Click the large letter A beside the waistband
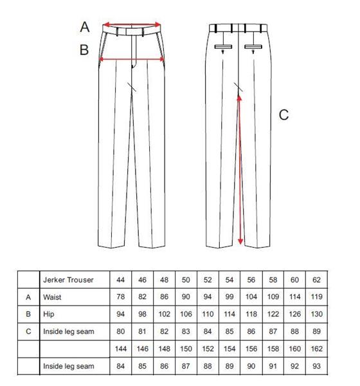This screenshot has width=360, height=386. pos(85,27)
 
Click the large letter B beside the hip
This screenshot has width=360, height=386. pos(84,50)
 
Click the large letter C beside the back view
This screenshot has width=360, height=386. pos(283,115)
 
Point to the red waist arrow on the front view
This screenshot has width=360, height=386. pos(132,24)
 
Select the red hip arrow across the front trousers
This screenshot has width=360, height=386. pos(132,59)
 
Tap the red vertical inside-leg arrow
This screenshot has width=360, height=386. pos(240,170)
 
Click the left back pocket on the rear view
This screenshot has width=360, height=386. pos(223,47)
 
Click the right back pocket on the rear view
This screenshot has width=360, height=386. pos(253,47)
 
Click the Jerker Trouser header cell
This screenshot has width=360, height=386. pos(68,280)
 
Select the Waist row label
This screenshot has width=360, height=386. pos(52,297)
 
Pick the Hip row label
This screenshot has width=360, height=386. pos(48,315)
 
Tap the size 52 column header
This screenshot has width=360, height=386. pos(208,280)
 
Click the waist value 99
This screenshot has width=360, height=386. pos(229,297)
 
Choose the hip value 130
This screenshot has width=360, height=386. pos(316,314)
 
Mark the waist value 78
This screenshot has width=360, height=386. pos(120,297)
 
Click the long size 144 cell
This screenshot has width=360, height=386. pos(121,349)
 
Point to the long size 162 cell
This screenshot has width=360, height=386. pos(316,349)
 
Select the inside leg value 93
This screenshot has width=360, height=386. pos(316,366)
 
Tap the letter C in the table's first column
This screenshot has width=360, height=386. pos(28,331)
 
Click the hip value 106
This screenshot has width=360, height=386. pos(186,314)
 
